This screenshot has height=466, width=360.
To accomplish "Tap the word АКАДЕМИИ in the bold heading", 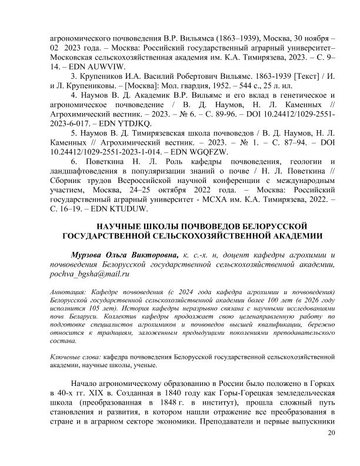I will click(x=294, y=236).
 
